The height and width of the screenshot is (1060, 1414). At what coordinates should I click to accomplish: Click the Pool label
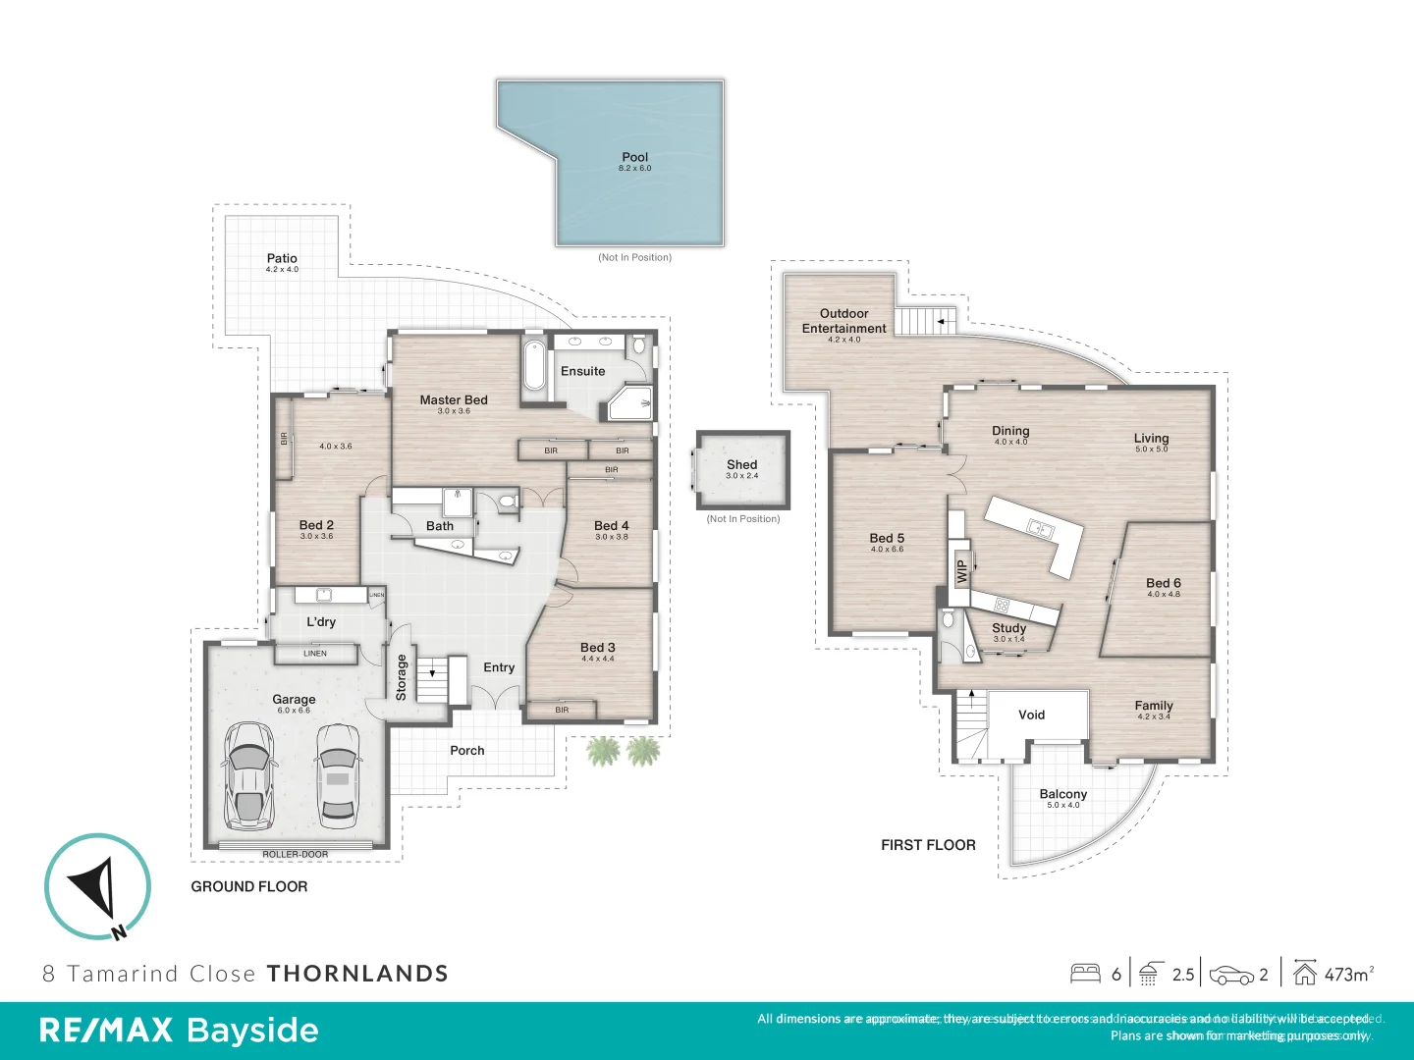tap(635, 158)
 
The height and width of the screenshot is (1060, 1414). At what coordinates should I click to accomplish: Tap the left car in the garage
tap(248, 775)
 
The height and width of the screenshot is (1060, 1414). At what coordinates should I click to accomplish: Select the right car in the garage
tap(337, 775)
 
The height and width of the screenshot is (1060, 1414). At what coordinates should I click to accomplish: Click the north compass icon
tap(97, 886)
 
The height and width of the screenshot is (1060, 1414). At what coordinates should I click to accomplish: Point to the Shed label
tap(742, 465)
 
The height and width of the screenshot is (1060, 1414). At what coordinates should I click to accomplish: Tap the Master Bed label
tap(454, 400)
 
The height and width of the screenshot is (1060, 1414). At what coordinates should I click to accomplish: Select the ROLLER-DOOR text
tap(295, 855)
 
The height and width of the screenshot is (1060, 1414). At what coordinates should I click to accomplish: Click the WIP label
tap(962, 570)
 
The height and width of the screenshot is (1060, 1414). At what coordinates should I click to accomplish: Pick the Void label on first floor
tap(1031, 715)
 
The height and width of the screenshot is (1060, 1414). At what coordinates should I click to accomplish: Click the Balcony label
tap(1063, 795)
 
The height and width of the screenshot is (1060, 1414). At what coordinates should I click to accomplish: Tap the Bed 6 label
tap(1164, 584)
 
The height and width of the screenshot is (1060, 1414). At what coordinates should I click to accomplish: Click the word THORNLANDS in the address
tap(357, 974)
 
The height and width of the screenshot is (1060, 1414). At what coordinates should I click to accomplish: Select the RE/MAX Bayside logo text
tap(179, 1031)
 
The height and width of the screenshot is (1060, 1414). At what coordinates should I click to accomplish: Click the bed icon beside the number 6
tap(1085, 974)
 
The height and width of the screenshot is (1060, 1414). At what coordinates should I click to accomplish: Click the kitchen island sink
tap(1040, 529)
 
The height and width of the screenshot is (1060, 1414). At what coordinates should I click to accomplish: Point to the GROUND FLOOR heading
tap(249, 887)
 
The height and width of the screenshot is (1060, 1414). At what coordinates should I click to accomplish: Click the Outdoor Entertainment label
tap(843, 322)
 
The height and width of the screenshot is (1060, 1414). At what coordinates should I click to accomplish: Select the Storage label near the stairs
tap(402, 677)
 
